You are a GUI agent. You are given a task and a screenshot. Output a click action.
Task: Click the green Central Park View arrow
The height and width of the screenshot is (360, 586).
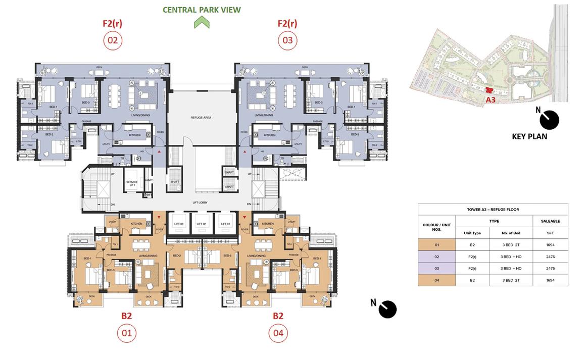pos(202,22)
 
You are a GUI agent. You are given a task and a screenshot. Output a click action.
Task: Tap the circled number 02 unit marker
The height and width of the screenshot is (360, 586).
pos(112,40)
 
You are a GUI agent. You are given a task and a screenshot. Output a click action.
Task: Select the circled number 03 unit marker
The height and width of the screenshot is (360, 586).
pos(287,40)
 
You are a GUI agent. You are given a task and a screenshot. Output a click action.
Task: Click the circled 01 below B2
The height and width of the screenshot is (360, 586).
pos(126,333)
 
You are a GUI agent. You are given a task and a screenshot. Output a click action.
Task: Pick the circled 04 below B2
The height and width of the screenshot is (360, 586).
pos(278,333)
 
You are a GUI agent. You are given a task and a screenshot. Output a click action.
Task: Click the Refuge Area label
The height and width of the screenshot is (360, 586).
pos(201,117)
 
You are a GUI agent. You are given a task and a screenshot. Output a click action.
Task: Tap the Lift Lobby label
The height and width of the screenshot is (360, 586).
pos(200,202)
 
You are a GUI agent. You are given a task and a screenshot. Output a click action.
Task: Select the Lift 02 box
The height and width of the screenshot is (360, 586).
pos(201,223)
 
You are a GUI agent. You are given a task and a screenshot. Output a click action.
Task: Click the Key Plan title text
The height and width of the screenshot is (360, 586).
pos(529,136)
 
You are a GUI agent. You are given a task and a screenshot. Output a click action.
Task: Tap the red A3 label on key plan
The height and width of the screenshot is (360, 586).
pos(491,100)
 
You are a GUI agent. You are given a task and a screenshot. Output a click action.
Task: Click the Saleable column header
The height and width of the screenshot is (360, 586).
pos(550,221)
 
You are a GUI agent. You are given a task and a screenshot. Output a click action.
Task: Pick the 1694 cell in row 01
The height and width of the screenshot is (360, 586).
pos(550,245)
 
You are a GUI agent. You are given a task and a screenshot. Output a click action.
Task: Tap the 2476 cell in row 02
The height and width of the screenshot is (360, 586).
pos(550,256)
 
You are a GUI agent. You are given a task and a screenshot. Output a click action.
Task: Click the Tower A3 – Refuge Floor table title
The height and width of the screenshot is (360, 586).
pos(493,210)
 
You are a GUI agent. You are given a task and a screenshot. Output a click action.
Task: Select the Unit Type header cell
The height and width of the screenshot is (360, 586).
pos(472,233)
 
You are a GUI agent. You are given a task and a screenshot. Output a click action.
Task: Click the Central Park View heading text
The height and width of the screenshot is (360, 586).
pos(202,10)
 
